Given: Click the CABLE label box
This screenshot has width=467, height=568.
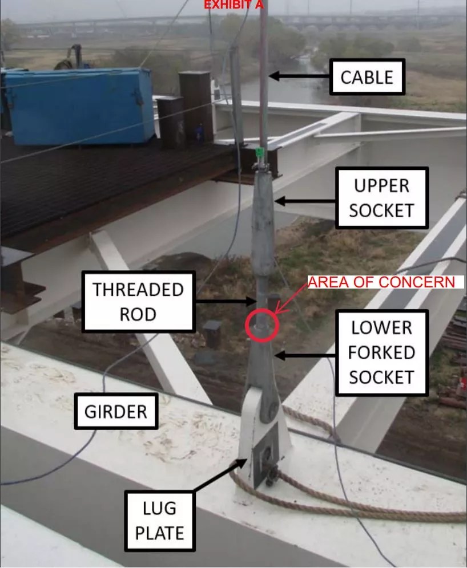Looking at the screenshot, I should click(x=367, y=77).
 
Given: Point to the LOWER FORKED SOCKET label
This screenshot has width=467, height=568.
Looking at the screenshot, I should click(x=381, y=352).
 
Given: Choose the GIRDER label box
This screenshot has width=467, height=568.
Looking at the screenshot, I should click(x=116, y=411).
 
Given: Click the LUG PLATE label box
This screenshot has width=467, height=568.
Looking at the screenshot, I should click(x=159, y=521).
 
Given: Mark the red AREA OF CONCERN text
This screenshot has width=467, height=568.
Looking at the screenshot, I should click(x=381, y=282).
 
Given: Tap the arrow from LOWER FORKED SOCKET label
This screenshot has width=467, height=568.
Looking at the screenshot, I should click(x=305, y=355).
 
